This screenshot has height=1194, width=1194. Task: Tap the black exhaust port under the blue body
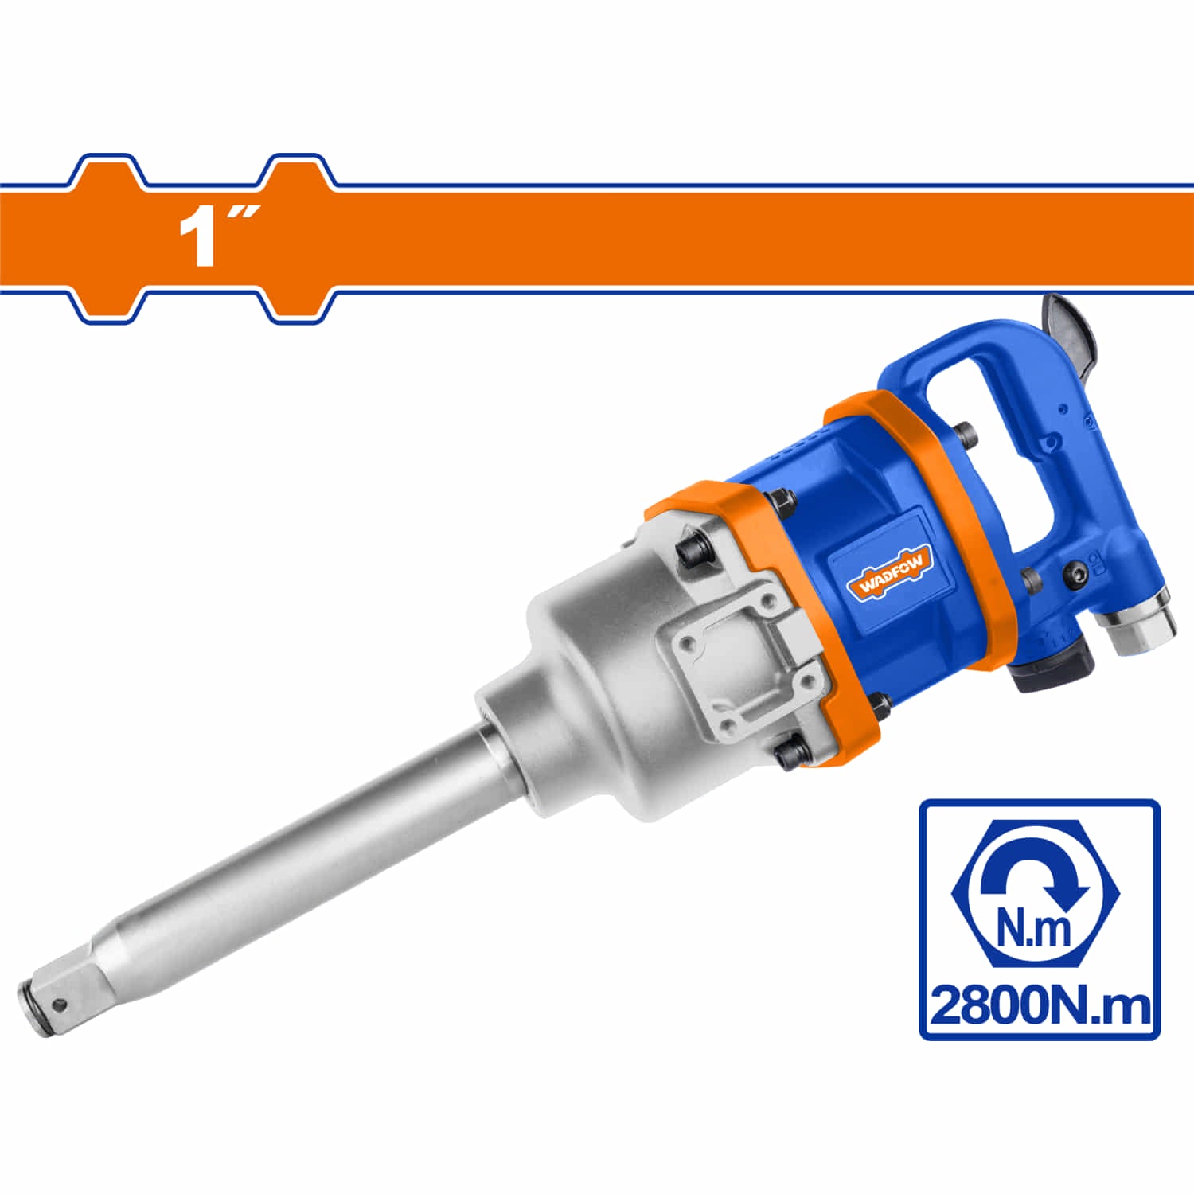1051,665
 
